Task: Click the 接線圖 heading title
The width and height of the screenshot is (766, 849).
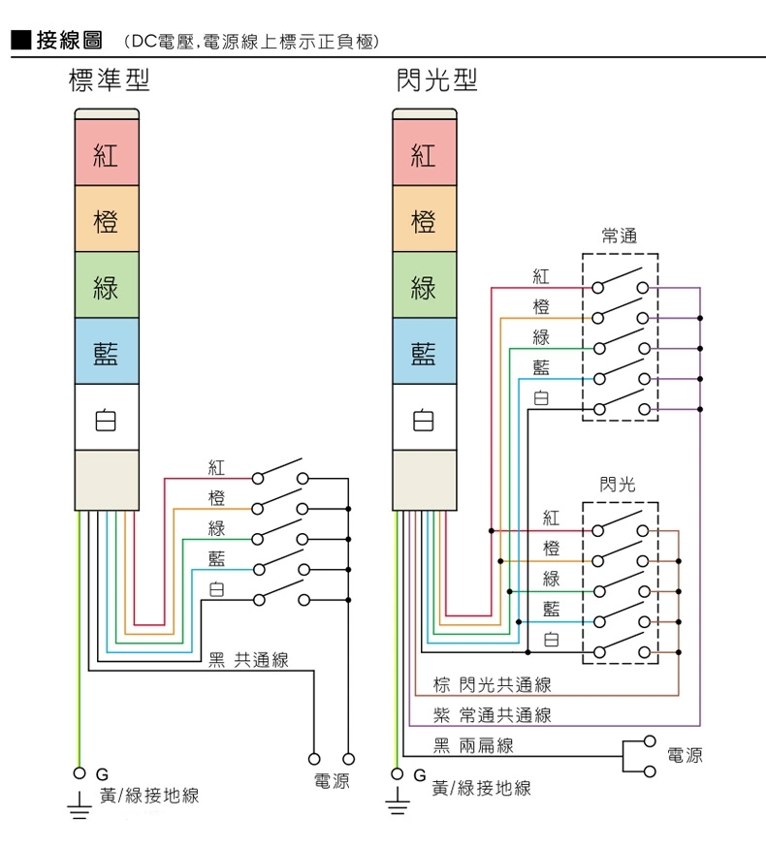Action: (69, 41)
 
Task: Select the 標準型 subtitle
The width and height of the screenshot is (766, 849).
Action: (110, 80)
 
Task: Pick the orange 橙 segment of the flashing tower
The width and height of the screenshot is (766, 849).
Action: (424, 220)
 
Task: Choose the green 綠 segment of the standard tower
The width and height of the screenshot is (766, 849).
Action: (106, 287)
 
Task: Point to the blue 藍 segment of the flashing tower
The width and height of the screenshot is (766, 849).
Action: (424, 353)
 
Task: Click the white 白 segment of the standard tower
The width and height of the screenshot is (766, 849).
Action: (106, 420)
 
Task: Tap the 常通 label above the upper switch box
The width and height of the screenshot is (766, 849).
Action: (619, 236)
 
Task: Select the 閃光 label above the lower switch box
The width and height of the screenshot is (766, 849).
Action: (619, 484)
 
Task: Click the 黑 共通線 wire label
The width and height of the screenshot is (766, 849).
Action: (249, 660)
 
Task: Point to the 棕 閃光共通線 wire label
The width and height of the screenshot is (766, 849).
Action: (492, 685)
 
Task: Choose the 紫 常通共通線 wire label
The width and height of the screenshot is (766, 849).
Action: (492, 715)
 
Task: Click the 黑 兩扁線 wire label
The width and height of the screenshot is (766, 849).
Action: (473, 745)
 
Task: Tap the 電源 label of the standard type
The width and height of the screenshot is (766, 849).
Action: (331, 780)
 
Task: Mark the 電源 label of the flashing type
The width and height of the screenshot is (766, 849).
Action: (686, 755)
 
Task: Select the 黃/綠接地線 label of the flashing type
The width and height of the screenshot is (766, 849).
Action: (482, 788)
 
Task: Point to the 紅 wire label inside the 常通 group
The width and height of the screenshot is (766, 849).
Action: (541, 277)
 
